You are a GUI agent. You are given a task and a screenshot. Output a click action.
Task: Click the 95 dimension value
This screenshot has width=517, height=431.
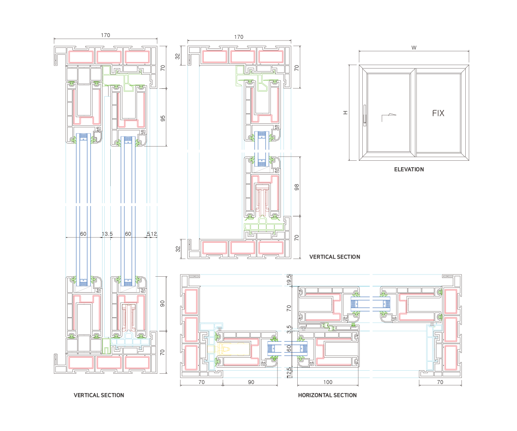[163, 118]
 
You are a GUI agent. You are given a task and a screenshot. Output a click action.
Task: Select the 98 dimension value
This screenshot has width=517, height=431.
[296, 187]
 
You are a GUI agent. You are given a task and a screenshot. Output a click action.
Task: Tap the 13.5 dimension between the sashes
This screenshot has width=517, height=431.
[107, 234]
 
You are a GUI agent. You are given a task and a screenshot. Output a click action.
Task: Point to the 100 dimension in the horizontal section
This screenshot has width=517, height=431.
[328, 382]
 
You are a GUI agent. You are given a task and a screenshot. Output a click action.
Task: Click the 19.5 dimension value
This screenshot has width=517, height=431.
[289, 280]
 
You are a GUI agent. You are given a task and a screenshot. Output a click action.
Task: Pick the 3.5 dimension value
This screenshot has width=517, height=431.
[289, 328]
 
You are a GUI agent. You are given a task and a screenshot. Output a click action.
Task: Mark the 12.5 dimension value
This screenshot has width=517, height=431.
[289, 372]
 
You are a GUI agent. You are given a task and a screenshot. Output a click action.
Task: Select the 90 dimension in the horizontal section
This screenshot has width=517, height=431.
[251, 382]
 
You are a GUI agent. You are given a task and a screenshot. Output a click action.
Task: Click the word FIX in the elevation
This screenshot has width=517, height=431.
[438, 114]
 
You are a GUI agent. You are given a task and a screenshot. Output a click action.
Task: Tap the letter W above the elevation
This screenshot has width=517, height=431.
[414, 48]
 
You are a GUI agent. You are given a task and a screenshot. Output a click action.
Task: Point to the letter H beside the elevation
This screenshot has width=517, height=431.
[345, 112]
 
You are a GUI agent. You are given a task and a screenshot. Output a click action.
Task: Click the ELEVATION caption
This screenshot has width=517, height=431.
[409, 169]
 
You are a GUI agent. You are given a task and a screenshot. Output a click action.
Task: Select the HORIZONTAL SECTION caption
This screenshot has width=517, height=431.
[327, 395]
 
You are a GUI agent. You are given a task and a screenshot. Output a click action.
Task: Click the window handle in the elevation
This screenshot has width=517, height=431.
[364, 115]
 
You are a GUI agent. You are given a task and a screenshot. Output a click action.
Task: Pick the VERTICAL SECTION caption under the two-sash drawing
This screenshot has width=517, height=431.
[99, 395]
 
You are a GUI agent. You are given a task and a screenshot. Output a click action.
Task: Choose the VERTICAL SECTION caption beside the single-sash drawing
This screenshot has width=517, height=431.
[334, 257]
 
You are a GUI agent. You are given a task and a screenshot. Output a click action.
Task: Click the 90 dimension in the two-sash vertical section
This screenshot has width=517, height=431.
[163, 303]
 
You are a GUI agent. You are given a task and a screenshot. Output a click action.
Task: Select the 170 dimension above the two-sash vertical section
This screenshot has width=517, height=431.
[106, 35]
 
